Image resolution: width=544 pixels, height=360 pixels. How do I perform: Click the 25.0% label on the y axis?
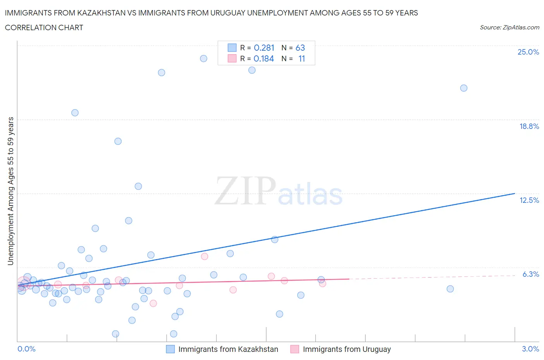pos(528,52)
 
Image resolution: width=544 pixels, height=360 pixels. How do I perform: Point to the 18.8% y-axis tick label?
pos(529,126)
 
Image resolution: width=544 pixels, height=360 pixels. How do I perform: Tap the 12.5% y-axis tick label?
pos(529,200)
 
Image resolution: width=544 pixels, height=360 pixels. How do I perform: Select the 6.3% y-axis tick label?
pos(530,274)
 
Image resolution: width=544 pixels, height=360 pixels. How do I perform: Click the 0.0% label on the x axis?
pos(26,349)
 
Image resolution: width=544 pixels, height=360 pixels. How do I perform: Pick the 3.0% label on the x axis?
pos(530,349)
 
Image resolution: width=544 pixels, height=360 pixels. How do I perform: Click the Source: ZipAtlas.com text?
pos(509,27)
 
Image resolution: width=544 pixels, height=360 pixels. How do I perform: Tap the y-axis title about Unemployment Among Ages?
pos(10,191)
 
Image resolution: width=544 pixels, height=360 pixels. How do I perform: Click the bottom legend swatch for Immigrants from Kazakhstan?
pos(170,349)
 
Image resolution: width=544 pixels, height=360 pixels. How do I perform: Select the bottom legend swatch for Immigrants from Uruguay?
pos(295,349)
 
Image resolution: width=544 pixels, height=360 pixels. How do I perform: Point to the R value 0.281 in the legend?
pos(264,48)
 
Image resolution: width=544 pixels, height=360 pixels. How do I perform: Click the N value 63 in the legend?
pos(300,48)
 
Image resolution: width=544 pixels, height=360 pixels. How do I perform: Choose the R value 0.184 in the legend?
pos(264,58)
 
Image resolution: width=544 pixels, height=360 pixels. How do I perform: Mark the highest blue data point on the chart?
pos(204,58)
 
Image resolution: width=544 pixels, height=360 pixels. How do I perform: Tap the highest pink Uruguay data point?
pos(205,256)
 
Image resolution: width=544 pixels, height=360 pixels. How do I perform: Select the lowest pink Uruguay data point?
pos(153,303)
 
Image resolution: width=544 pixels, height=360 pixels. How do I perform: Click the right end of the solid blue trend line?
pos(515,193)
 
